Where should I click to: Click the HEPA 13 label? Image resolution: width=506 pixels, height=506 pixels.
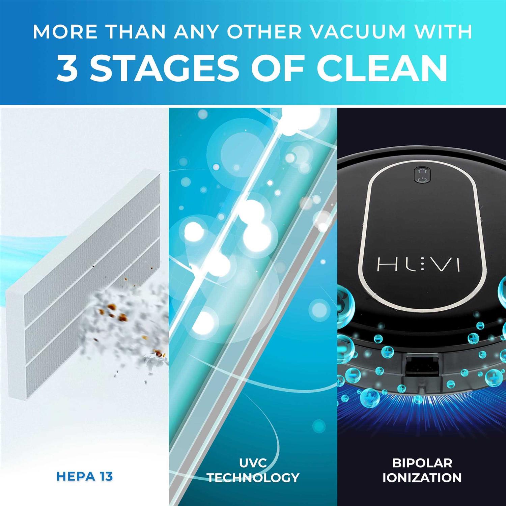tap(85, 476)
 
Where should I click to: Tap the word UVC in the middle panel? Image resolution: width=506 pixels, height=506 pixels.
tap(253, 463)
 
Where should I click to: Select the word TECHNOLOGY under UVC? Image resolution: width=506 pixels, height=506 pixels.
tap(253, 478)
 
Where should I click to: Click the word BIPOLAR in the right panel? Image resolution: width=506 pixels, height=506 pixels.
tap(422, 463)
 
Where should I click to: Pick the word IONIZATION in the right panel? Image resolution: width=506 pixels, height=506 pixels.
tap(422, 478)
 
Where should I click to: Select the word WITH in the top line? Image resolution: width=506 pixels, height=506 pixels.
tap(442, 32)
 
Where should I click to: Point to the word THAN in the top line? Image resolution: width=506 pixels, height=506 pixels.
tap(136, 32)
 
